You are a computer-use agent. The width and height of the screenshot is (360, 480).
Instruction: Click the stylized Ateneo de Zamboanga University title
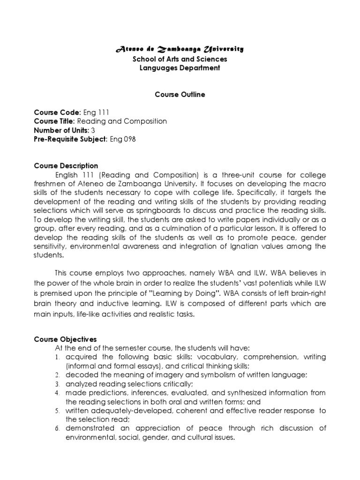180,49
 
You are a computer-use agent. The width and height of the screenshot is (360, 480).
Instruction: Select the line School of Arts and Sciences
180,59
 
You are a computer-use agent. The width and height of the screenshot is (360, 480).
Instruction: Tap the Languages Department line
180,68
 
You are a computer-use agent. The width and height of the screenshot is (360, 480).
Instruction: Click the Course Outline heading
180,94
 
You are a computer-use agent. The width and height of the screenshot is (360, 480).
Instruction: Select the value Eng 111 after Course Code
96,112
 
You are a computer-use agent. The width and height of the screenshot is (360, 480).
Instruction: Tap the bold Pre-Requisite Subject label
71,139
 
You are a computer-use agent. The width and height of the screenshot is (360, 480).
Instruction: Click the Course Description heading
66,165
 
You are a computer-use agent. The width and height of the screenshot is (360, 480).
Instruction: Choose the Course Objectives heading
65,339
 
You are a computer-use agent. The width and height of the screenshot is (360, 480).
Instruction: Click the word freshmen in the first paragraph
48,184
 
